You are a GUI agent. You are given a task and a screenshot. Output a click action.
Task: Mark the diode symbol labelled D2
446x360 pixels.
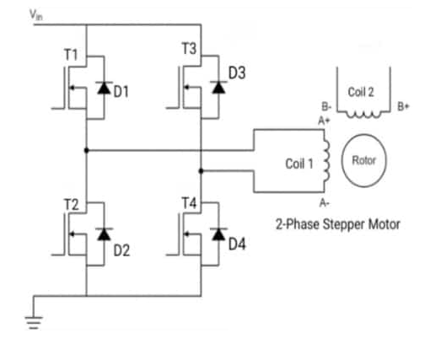coord(103,234)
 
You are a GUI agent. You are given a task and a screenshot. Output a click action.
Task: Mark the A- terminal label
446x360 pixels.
coord(324,204)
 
